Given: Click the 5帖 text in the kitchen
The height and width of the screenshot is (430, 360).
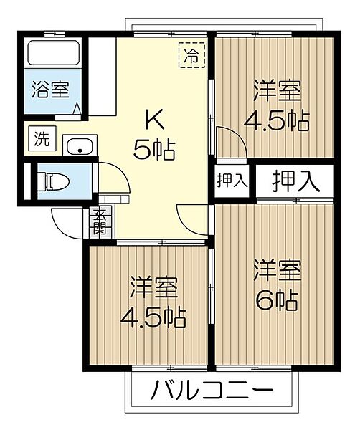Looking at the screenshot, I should [x=154, y=148].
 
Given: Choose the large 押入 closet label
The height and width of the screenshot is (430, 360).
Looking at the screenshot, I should [x=295, y=181].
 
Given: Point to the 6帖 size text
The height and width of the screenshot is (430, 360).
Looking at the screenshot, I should [x=276, y=301].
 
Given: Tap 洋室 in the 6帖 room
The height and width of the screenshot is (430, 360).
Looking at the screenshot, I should [x=277, y=272].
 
